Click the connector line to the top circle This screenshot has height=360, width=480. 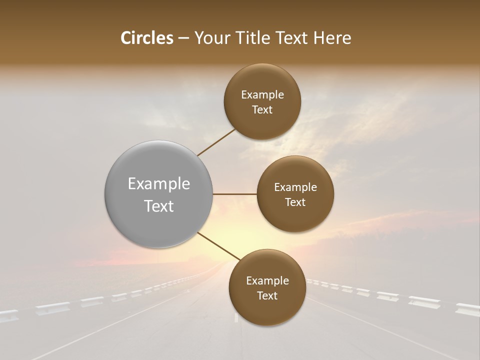point(216,142)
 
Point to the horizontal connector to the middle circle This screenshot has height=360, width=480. point(234,194)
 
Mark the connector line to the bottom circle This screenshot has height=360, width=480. point(216,246)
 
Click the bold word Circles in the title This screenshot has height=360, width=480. point(147,38)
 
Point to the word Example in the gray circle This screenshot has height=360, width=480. point(159,184)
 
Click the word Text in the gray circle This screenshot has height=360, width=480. point(159,206)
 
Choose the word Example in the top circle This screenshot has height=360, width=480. point(262,95)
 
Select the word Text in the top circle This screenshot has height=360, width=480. point(262,110)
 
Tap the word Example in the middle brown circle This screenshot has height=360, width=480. point(295,187)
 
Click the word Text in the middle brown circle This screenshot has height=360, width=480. point(295,202)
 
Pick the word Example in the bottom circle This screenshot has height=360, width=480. point(267,281)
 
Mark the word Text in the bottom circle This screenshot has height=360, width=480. point(267,295)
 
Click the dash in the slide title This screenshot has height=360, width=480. point(183,38)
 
